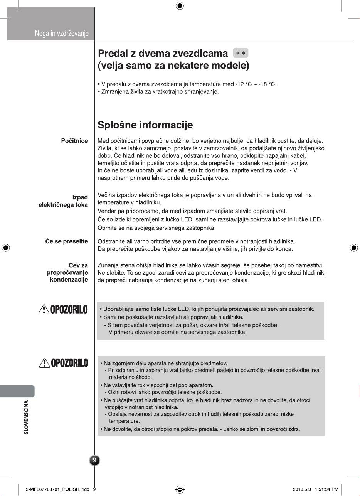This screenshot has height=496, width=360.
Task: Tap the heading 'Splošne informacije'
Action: (145, 125)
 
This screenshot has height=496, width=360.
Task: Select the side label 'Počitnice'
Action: (74, 141)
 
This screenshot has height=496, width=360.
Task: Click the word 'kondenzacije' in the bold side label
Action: (69, 280)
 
